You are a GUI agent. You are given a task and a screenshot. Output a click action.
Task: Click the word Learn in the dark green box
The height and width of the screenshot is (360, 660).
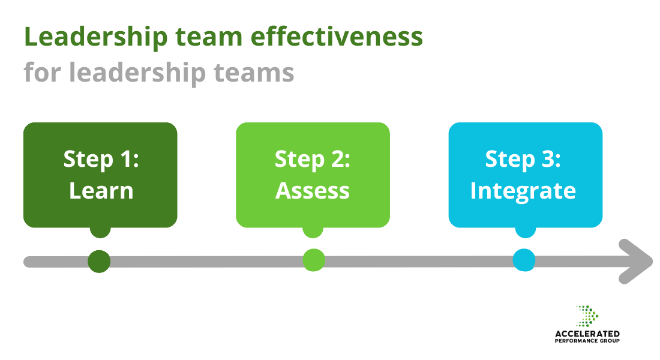[x=101, y=191]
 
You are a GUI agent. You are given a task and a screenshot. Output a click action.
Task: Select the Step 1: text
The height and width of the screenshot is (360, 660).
[x=101, y=160]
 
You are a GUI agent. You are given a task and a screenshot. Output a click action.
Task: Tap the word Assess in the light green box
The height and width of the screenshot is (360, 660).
[x=313, y=191]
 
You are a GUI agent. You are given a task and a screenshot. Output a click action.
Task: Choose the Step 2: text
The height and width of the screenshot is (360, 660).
[x=313, y=160]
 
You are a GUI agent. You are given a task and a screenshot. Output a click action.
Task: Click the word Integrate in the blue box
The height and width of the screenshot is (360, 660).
[x=523, y=191]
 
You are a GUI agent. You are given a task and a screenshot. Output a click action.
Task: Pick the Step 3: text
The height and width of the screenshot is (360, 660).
[x=523, y=160]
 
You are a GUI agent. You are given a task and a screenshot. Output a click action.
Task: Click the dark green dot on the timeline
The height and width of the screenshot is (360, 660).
[x=99, y=261]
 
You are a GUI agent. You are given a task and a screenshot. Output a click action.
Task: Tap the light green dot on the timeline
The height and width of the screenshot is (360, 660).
[x=313, y=260]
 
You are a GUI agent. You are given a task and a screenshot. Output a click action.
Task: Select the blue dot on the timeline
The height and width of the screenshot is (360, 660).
[x=524, y=260]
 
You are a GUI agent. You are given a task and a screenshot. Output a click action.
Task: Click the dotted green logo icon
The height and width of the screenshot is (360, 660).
[x=588, y=316]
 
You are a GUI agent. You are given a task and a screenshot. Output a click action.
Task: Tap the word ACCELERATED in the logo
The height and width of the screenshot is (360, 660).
[x=587, y=334]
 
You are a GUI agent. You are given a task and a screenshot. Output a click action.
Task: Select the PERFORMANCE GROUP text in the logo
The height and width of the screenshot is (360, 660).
[x=587, y=341]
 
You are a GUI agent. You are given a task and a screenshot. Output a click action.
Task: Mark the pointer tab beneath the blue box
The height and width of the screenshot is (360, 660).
[x=525, y=231]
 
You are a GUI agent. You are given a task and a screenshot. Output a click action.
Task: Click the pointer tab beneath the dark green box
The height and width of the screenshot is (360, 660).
[x=100, y=231]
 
